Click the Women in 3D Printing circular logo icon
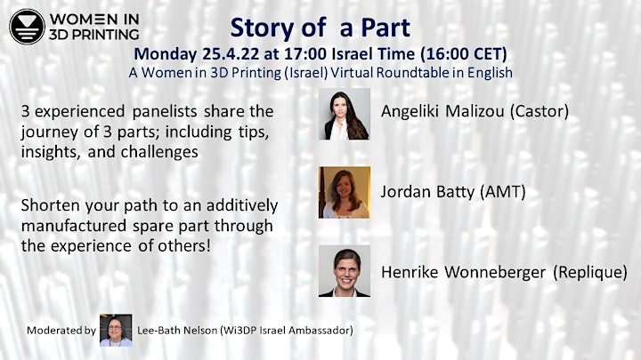click(27, 27)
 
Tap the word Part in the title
click(385, 28)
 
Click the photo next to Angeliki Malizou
click(345, 114)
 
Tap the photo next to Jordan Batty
click(345, 192)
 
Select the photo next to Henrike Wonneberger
click(345, 270)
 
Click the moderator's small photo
click(116, 330)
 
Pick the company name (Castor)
click(540, 111)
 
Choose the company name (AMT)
click(500, 191)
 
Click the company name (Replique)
click(590, 272)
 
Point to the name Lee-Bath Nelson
click(177, 330)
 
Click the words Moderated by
click(61, 330)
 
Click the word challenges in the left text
click(159, 152)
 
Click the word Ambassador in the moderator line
click(320, 330)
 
